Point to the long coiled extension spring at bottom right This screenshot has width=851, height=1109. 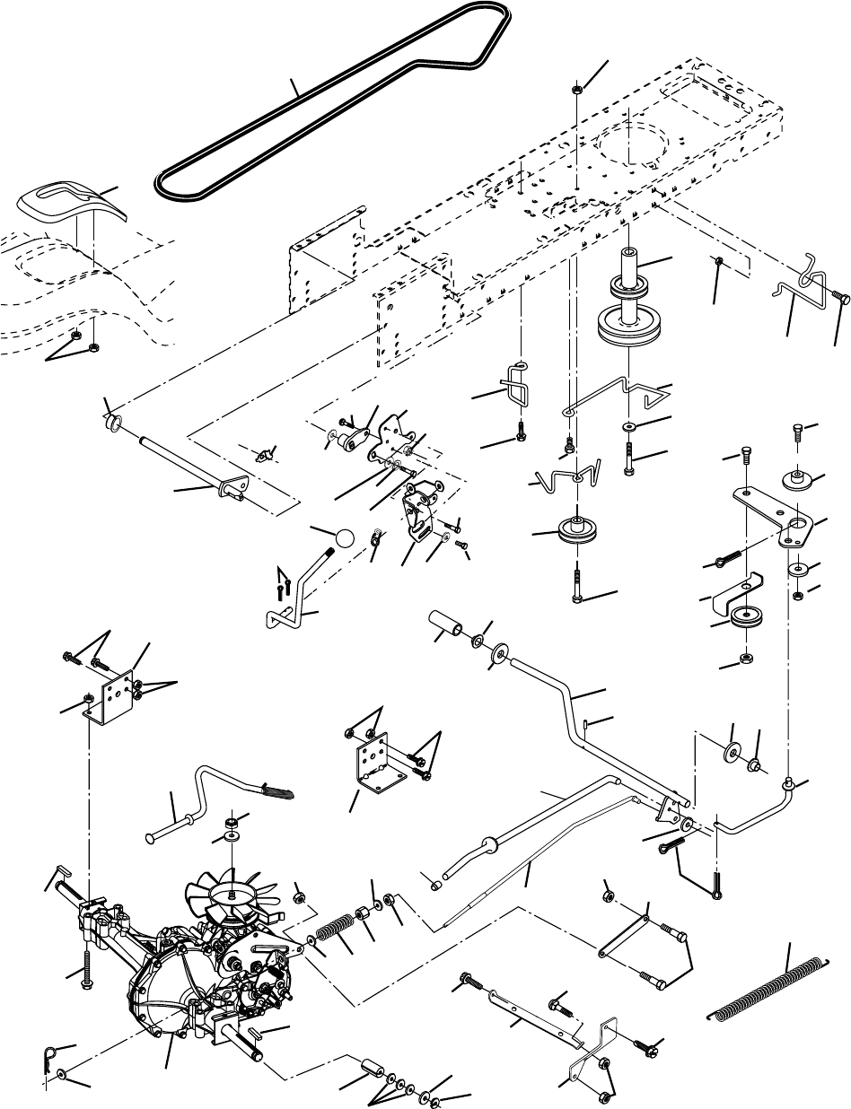[771, 988]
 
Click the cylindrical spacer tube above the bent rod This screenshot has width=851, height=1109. [449, 624]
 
